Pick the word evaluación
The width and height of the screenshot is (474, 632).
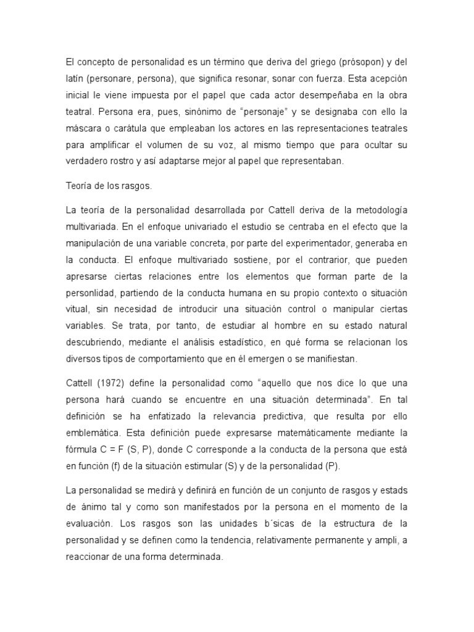(90, 523)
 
